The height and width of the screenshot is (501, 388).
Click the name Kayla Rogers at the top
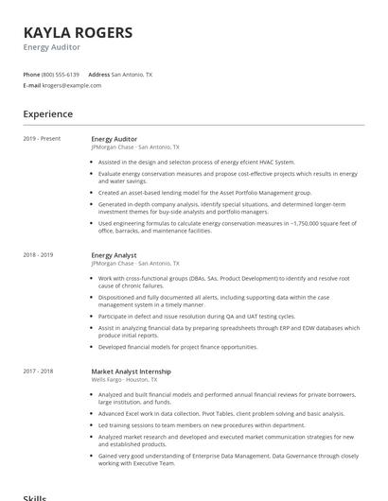(78, 32)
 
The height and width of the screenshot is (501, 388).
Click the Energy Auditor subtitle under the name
(52, 47)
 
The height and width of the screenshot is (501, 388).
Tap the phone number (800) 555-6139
(61, 74)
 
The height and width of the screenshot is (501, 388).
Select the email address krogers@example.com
(72, 85)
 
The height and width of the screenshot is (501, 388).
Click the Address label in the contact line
(98, 74)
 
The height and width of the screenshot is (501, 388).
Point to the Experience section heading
(47, 114)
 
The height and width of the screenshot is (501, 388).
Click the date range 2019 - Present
(42, 139)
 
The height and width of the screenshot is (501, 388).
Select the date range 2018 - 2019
(39, 255)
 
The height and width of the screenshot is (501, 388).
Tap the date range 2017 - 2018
(39, 371)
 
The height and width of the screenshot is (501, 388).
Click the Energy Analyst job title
(114, 255)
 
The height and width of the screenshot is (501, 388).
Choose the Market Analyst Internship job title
(132, 371)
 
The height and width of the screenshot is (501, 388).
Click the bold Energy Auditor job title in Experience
(115, 139)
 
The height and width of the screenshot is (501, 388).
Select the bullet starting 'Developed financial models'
(178, 347)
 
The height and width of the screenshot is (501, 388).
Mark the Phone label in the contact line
(31, 74)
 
